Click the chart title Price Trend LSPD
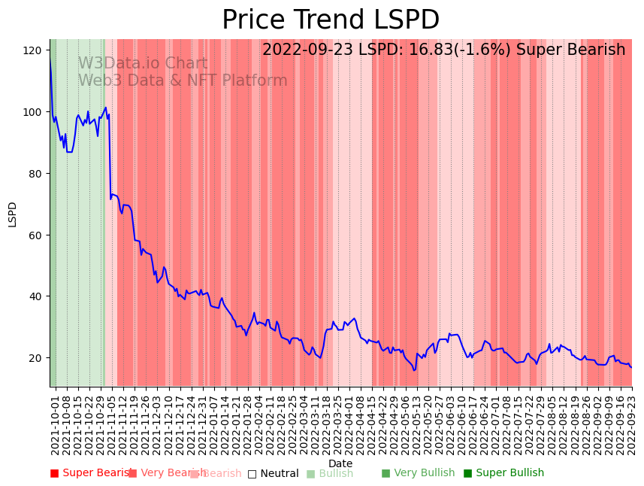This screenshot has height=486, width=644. click(331, 20)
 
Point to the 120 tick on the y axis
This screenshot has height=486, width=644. click(32, 50)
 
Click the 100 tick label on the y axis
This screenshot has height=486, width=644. click(32, 112)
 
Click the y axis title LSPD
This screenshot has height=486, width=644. click(12, 214)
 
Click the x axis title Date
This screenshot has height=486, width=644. click(340, 463)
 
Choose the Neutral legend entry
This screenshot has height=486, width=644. click(273, 474)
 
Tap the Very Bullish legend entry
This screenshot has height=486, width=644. click(418, 473)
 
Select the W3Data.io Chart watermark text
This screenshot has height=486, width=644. click(143, 64)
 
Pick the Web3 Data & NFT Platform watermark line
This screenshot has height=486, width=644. click(183, 80)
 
